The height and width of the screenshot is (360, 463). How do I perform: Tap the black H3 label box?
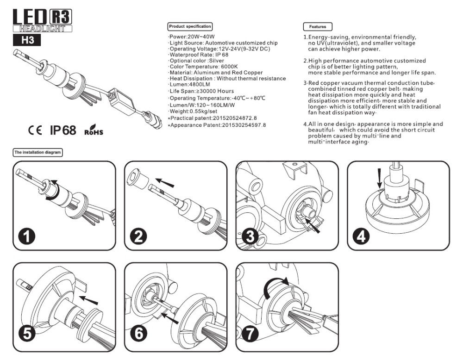(x=25, y=40)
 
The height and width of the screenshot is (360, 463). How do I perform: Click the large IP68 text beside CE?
(x=63, y=130)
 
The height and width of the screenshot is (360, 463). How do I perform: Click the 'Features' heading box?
(x=317, y=27)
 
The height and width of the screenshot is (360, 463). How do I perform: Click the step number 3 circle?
(x=250, y=236)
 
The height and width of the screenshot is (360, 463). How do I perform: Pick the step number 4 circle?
(x=362, y=236)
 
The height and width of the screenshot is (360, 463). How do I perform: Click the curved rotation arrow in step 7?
(x=276, y=283)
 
